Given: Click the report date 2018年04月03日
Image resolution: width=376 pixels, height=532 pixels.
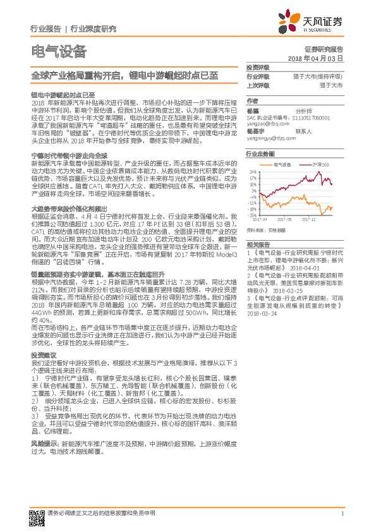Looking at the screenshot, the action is (324, 57).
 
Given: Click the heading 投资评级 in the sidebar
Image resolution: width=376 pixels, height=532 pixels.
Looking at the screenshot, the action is (257, 67).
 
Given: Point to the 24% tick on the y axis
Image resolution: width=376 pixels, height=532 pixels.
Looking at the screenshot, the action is (253, 171).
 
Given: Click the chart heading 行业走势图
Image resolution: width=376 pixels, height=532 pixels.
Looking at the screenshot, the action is (260, 154).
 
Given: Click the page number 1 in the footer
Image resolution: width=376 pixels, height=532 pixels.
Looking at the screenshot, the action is (342, 513).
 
